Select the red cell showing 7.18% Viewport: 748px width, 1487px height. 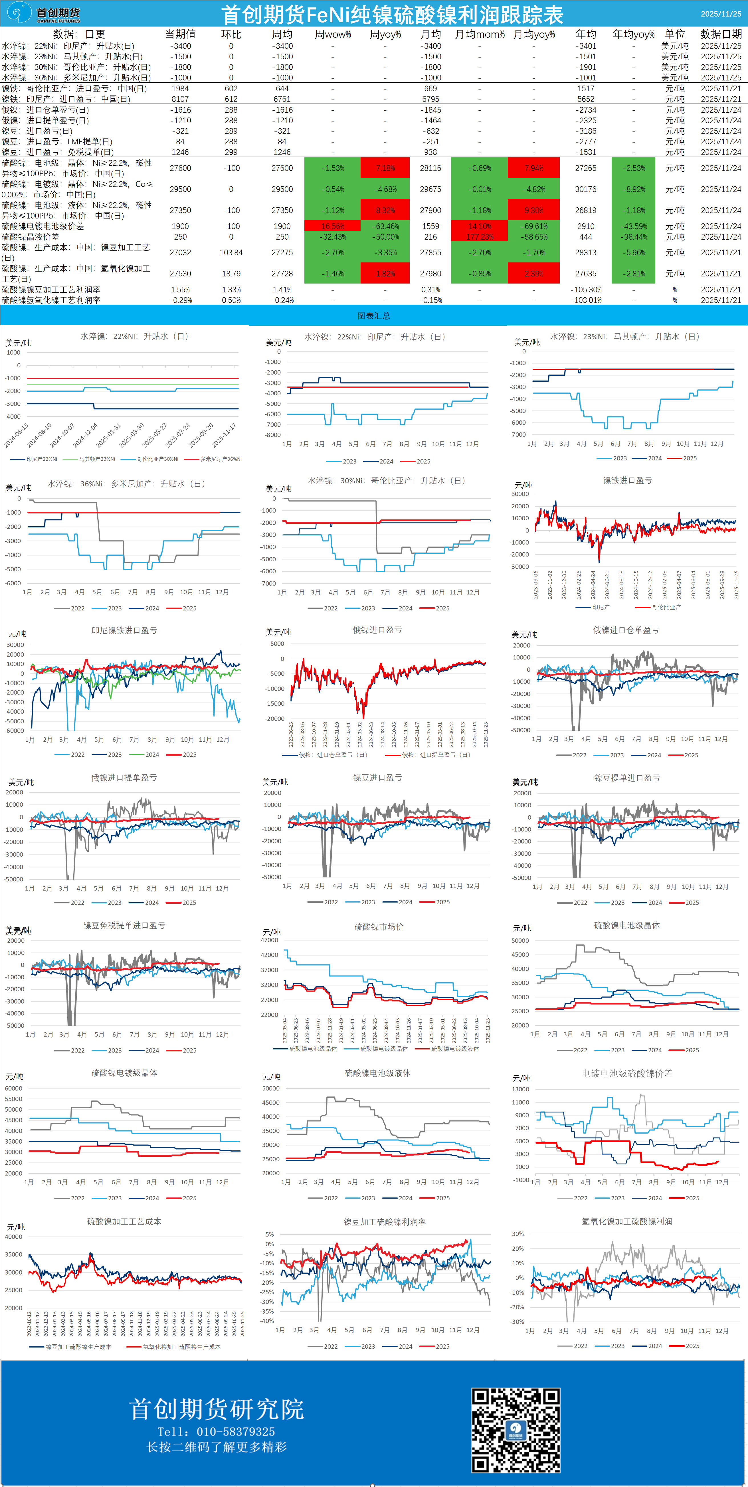click(x=385, y=168)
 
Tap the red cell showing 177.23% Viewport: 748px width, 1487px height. click(x=480, y=237)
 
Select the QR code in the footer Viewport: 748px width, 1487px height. click(x=515, y=1430)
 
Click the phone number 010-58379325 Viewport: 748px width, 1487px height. click(x=235, y=1432)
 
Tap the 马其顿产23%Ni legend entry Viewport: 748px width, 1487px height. click(x=96, y=459)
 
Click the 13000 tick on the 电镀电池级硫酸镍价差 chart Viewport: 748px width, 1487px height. click(x=521, y=1089)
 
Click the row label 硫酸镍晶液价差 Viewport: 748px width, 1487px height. click(x=30, y=237)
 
